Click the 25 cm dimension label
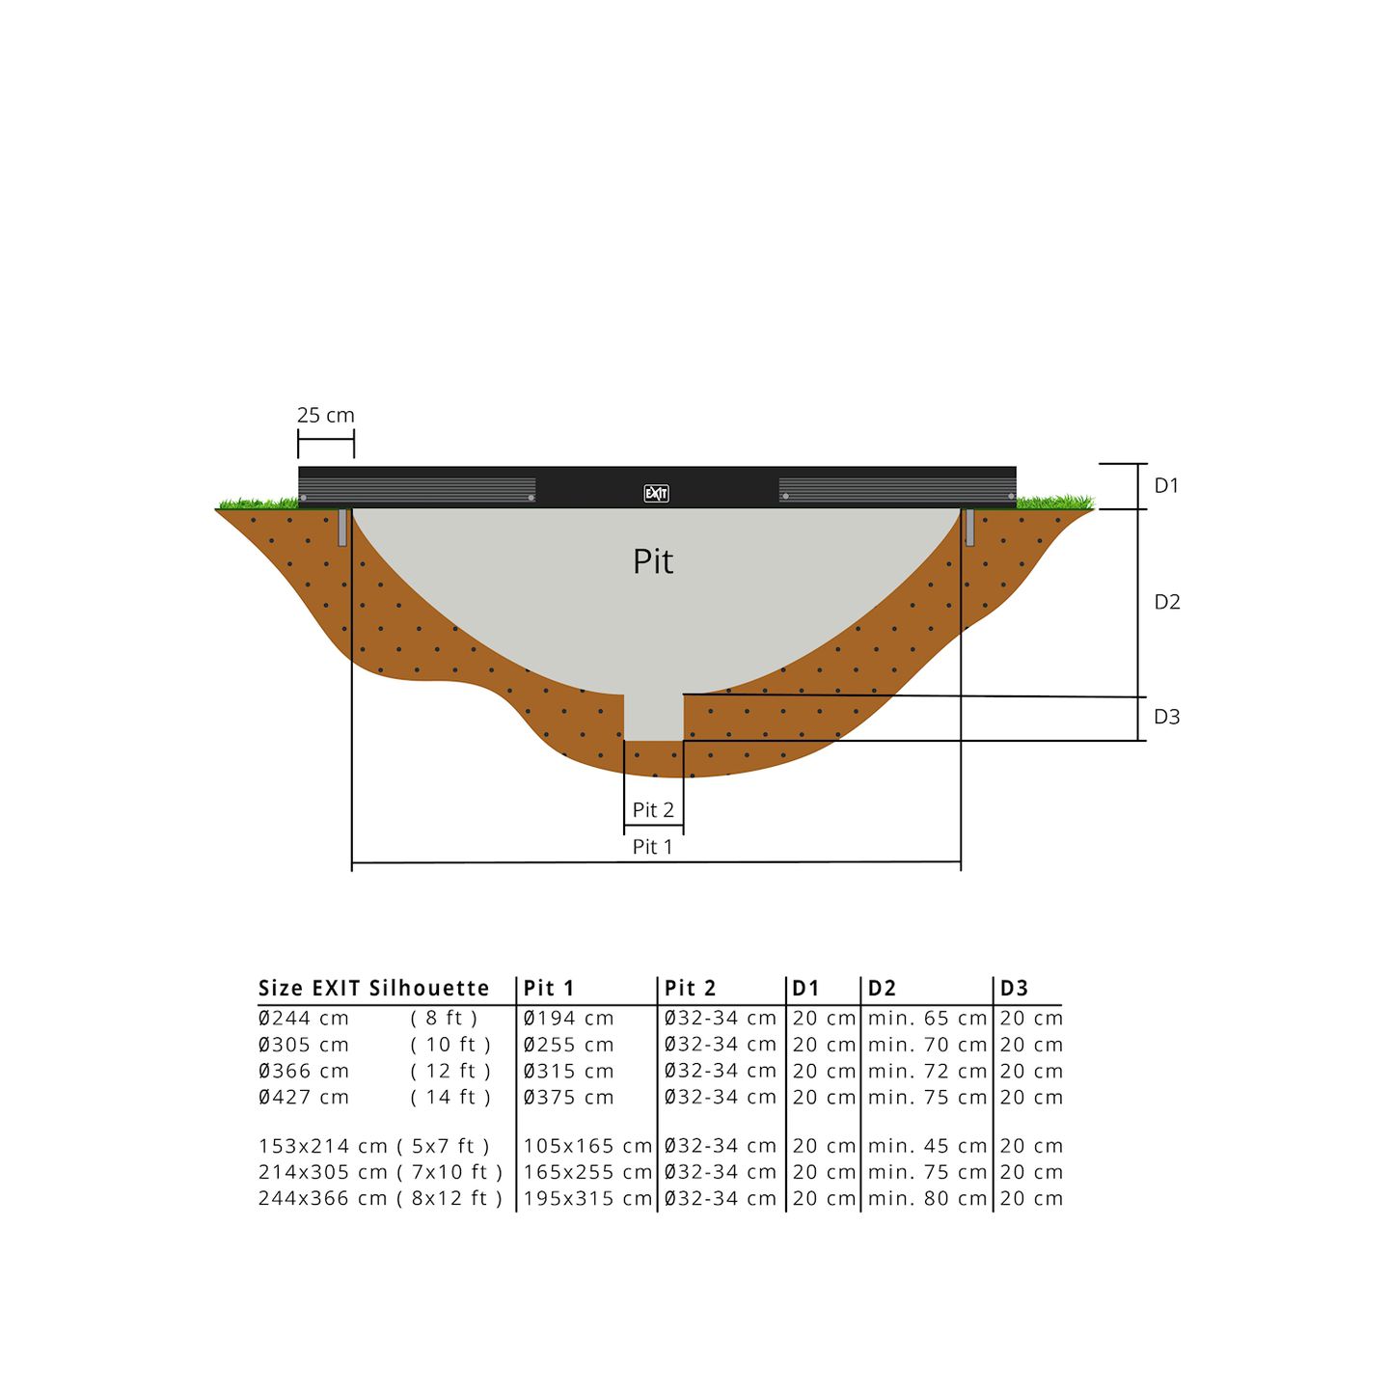(325, 416)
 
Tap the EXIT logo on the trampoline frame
(656, 494)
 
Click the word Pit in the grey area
(653, 561)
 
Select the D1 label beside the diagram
(1167, 486)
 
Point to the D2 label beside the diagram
(1167, 602)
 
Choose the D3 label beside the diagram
(1167, 717)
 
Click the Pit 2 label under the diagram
(653, 810)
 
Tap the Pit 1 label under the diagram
(653, 847)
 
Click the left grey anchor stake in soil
(342, 528)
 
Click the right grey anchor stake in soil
(969, 528)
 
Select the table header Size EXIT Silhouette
(374, 989)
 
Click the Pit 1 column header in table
(549, 989)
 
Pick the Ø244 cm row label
(304, 1019)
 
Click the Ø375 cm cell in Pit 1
(569, 1098)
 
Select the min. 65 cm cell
(927, 1019)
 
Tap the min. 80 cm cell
(927, 1199)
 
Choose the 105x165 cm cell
(587, 1147)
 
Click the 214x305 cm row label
(323, 1173)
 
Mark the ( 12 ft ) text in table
(450, 1072)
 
